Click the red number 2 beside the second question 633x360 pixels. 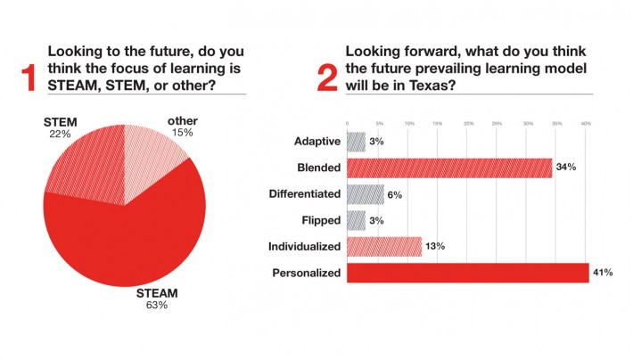click(327, 78)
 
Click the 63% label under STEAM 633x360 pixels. click(156, 305)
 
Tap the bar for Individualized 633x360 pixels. click(383, 246)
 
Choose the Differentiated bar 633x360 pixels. click(365, 193)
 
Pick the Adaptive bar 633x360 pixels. click(355, 141)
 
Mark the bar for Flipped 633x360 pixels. click(355, 219)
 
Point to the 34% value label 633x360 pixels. click(566, 168)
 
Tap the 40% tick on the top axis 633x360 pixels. click(586, 122)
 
